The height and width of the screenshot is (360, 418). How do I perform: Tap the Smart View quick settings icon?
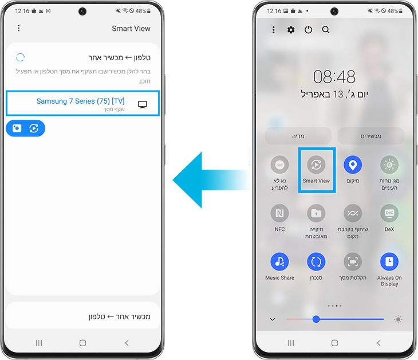click(x=316, y=165)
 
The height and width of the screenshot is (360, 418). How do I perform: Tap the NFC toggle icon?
click(x=279, y=213)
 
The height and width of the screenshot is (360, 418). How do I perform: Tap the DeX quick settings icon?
click(x=389, y=213)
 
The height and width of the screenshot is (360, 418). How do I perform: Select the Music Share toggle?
click(x=279, y=262)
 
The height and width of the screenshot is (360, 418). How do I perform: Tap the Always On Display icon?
click(x=389, y=262)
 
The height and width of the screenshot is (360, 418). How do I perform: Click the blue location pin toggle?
click(x=353, y=165)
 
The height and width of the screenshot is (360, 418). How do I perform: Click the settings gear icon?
click(x=291, y=30)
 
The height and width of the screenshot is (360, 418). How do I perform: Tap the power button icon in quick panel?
click(x=308, y=30)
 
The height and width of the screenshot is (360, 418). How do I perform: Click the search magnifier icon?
click(x=326, y=30)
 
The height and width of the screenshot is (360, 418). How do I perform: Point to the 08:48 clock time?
click(x=334, y=76)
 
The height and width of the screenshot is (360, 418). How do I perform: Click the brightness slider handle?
click(x=316, y=319)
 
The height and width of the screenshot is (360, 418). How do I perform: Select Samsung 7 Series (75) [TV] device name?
click(x=80, y=101)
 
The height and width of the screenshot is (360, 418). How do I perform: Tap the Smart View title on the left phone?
click(x=131, y=28)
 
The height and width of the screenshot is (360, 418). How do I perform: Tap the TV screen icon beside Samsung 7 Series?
click(x=143, y=104)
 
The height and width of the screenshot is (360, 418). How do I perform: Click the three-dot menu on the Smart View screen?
click(x=19, y=28)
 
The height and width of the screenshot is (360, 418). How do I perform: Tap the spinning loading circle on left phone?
click(x=20, y=57)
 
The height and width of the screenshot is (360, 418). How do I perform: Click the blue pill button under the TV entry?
click(x=25, y=128)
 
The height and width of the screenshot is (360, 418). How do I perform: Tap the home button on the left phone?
click(x=82, y=343)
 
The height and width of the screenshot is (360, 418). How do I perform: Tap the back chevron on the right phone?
click(x=378, y=343)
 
